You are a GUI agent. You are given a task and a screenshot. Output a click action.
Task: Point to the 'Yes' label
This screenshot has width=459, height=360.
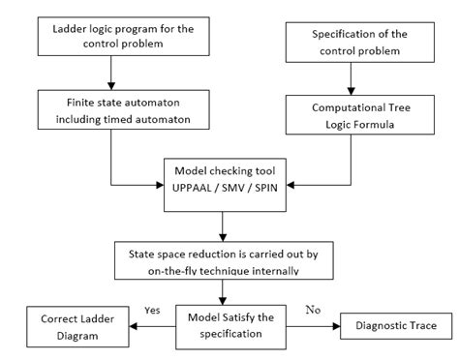[151, 312]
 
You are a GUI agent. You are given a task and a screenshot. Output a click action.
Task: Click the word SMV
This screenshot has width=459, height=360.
[229, 184]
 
